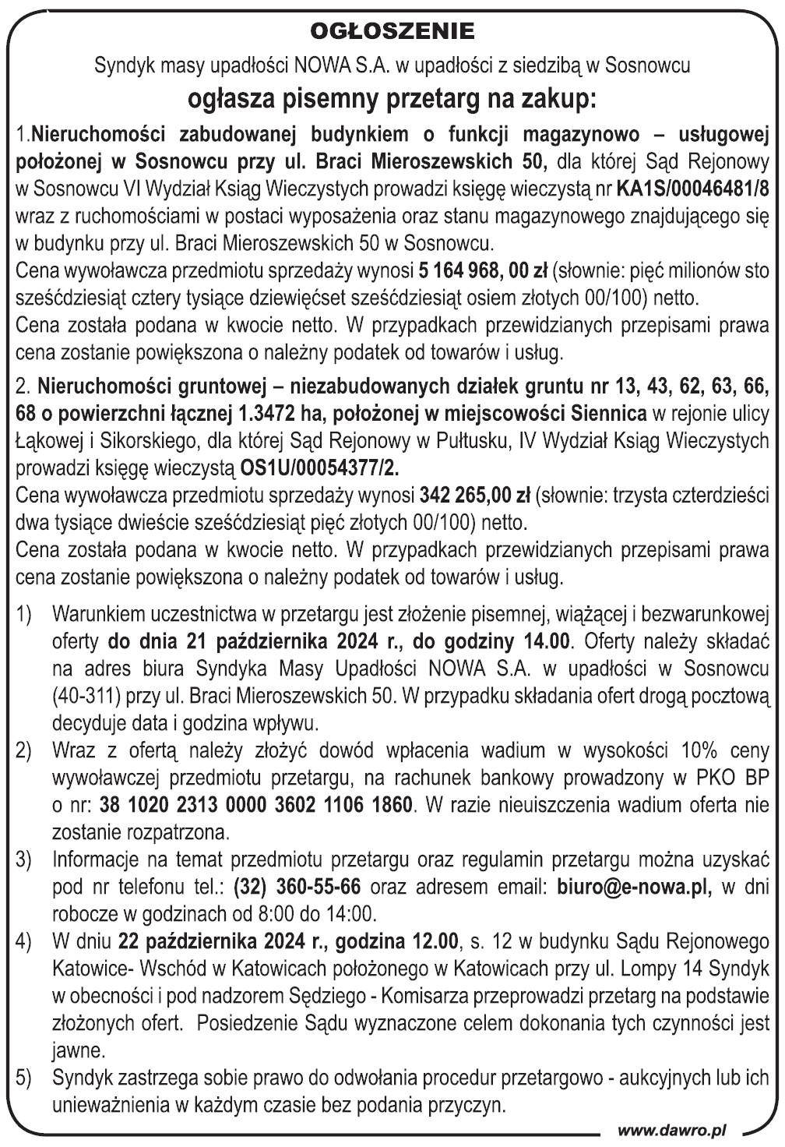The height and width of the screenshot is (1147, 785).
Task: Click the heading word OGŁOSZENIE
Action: (x=392, y=31)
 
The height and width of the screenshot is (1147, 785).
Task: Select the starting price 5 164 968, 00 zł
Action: (x=483, y=272)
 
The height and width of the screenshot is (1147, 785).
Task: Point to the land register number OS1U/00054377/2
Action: (x=322, y=468)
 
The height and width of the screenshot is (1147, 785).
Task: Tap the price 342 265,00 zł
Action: (x=475, y=495)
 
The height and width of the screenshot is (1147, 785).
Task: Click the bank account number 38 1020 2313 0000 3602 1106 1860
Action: (x=256, y=804)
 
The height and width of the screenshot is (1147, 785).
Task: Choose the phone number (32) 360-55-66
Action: (x=297, y=887)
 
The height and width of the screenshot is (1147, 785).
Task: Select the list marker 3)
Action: (x=24, y=859)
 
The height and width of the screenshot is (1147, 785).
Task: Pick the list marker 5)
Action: (x=24, y=1078)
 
